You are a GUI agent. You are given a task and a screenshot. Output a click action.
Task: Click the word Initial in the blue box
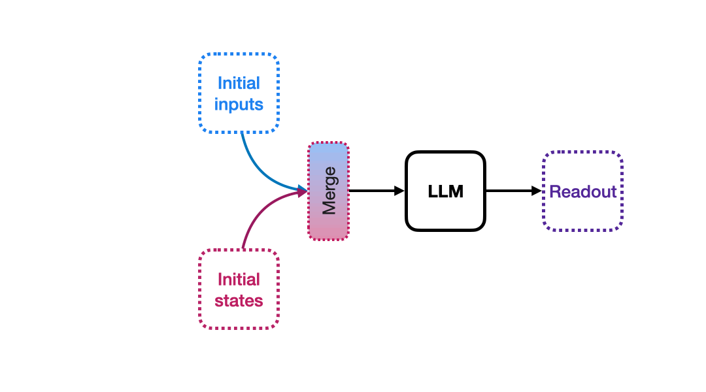[239, 84]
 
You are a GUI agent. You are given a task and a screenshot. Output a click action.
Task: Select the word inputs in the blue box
[239, 105]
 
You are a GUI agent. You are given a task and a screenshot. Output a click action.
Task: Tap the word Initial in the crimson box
[239, 280]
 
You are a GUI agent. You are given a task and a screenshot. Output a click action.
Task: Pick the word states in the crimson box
[239, 301]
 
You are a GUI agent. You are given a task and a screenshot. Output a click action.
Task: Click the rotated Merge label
[329, 191]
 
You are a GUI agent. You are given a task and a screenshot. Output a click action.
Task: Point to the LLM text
[445, 191]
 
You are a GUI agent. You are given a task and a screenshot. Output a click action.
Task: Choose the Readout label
[582, 191]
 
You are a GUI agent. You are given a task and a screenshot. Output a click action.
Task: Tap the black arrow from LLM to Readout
[510, 191]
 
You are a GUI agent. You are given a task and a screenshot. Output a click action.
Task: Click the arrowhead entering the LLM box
[399, 191]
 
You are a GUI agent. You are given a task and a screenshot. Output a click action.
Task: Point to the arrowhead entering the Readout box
[537, 191]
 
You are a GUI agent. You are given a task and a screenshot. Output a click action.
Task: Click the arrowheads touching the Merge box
[303, 191]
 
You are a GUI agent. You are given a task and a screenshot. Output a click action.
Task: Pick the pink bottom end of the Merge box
[329, 230]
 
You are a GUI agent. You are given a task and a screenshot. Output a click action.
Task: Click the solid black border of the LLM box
[445, 152]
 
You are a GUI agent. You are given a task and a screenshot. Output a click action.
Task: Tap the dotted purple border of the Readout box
[582, 152]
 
